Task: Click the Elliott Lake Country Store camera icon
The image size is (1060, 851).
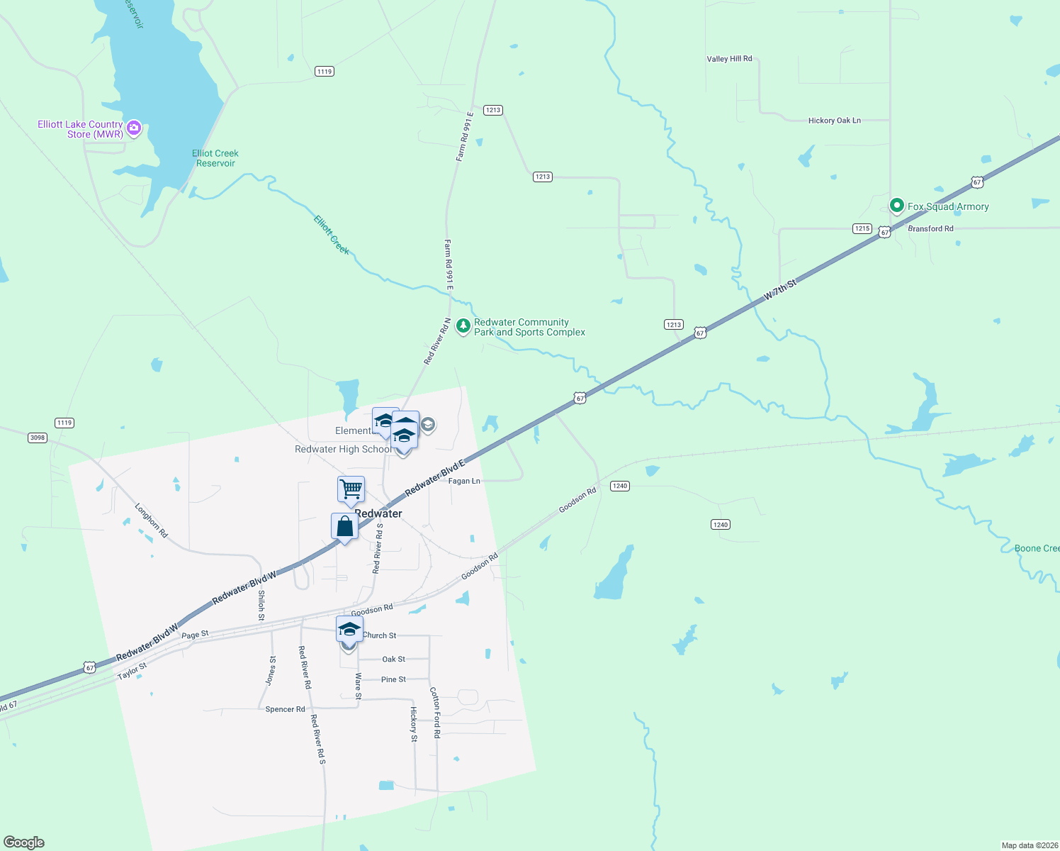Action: pos(134,128)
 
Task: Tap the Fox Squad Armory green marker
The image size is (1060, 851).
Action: pos(896,206)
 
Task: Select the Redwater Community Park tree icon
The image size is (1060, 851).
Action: pos(463,326)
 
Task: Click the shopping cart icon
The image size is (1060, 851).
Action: pos(351,489)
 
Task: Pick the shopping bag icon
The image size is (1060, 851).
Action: pos(344,527)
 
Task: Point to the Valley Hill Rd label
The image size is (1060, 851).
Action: pos(729,59)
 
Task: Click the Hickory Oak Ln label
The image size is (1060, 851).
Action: pos(834,121)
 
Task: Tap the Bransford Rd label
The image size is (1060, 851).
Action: pos(930,228)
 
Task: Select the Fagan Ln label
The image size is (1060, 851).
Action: pos(464,481)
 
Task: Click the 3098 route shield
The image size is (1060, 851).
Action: pos(38,438)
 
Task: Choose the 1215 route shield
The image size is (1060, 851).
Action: pos(862,228)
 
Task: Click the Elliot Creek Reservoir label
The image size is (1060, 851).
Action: pos(215,158)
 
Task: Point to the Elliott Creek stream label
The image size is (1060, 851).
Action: pos(332,235)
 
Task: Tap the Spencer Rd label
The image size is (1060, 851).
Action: pos(285,709)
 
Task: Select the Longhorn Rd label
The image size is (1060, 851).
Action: pos(152,521)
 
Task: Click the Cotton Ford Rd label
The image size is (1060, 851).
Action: pos(435,712)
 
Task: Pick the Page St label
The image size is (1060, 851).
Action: pos(195,635)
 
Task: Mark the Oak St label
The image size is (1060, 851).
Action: pos(393,659)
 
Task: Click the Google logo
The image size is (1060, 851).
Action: pos(24,842)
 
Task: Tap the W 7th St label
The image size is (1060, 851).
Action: pos(780,290)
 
